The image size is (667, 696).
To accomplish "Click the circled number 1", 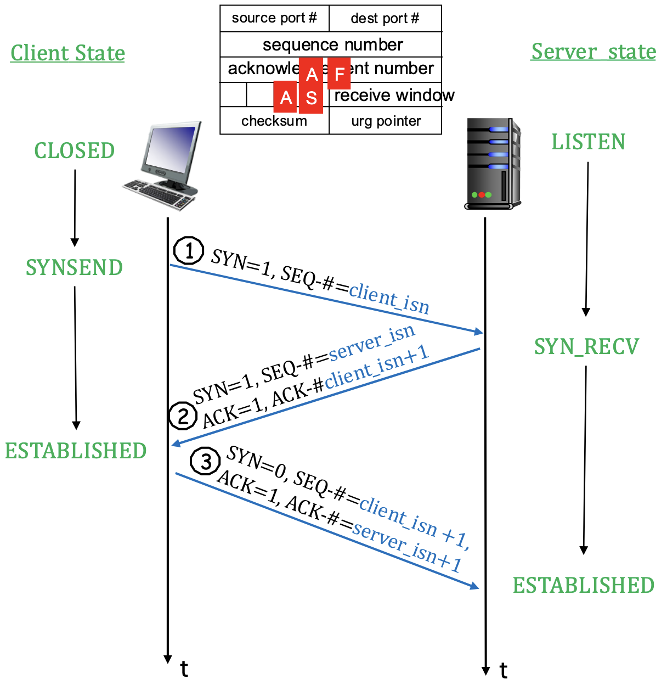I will coord(189,251).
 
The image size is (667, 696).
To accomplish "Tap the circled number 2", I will coord(183,416).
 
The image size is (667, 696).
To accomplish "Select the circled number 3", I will coord(205,462).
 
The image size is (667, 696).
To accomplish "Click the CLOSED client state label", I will coord(75,151).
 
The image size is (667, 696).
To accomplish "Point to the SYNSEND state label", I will coord(74,268).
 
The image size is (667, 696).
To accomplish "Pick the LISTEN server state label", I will coord(588,142).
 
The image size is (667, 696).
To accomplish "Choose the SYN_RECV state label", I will coord(586,346).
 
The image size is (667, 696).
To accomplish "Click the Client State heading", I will coord(67,53).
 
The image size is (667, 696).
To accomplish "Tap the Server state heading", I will coord(593,52).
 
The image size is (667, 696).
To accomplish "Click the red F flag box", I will coord(339,74).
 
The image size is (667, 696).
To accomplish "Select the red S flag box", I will coord(311,98).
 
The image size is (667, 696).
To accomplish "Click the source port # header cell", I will coord(274,18).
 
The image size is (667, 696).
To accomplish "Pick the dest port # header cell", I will coord(385,19).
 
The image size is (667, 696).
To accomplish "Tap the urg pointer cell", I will coord(386,121).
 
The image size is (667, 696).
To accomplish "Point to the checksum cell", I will coord(274,121).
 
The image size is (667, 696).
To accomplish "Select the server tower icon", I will coord(492,164).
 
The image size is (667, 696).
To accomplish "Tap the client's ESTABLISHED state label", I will coord(76,451).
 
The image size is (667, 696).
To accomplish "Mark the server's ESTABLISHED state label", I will coord(583,586).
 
